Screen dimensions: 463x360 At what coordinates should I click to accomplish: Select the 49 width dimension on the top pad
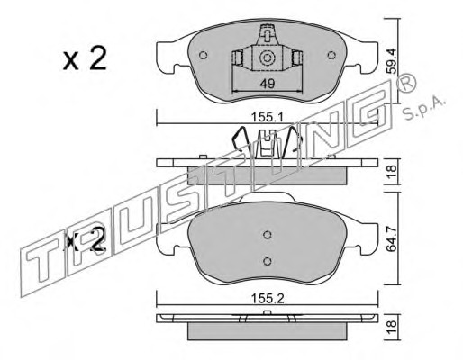[x=268, y=84]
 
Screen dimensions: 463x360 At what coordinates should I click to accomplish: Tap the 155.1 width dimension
[x=268, y=117]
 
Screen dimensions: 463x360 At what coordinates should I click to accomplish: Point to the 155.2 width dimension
[x=268, y=299]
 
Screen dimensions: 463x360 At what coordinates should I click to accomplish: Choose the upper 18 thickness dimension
[x=392, y=172]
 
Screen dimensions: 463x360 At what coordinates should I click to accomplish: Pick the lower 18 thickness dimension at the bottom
[x=392, y=327]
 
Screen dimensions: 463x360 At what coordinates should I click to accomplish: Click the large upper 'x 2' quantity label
[x=85, y=59]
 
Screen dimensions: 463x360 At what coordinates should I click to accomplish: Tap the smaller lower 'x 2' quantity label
[x=86, y=240]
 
